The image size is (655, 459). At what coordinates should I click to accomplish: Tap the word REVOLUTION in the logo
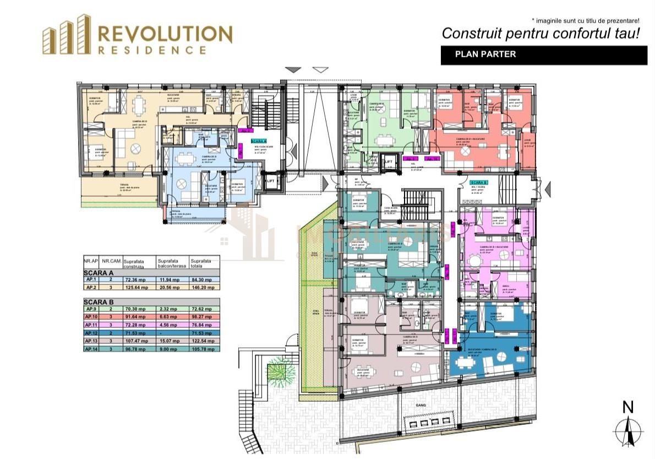click(165, 34)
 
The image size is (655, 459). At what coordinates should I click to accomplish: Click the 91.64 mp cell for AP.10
click(135, 318)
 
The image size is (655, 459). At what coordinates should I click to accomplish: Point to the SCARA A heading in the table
click(99, 272)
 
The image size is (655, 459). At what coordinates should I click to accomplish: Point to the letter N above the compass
click(627, 407)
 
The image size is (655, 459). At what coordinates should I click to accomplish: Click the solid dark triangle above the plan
click(294, 69)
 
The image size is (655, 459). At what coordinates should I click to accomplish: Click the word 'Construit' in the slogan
click(468, 34)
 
